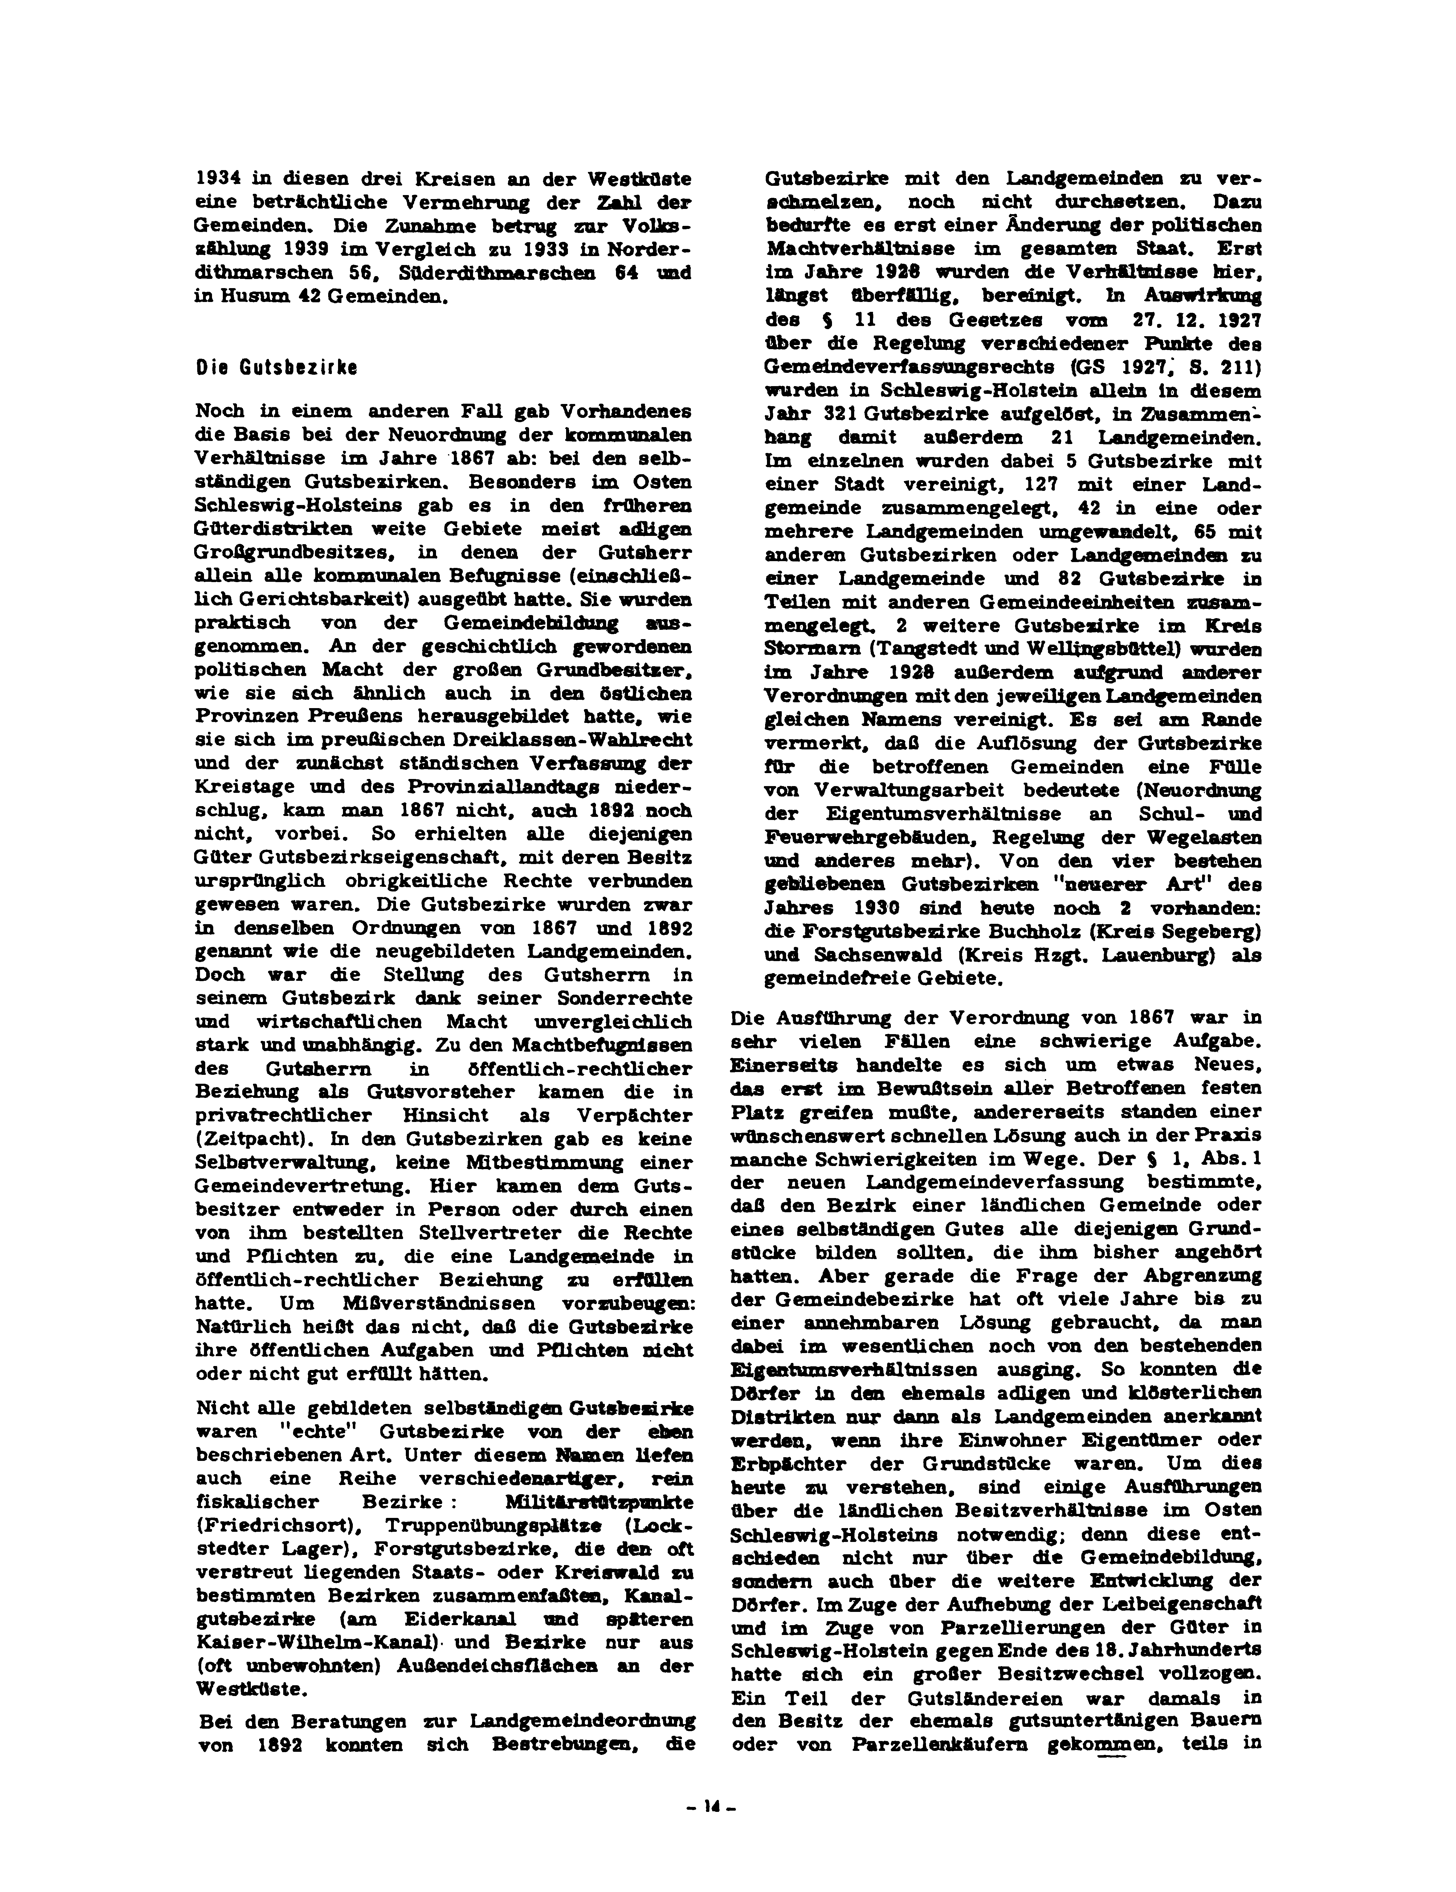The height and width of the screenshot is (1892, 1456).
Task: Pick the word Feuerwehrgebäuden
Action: tap(869, 838)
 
